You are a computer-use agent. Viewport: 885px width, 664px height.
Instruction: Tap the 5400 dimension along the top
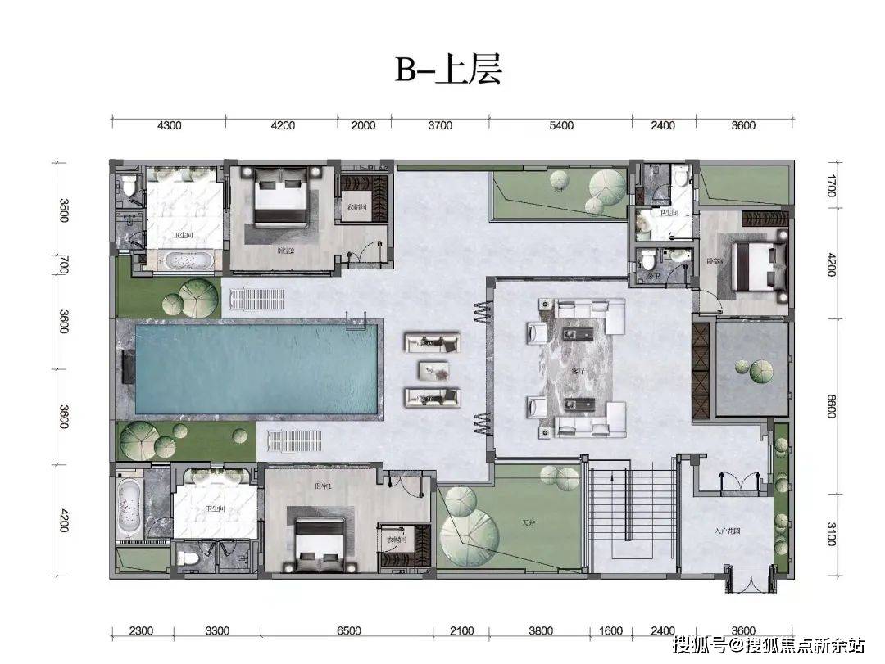[x=560, y=125]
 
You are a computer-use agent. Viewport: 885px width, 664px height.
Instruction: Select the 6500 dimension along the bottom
[x=348, y=630]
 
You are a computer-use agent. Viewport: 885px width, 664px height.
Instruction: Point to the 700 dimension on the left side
[x=64, y=264]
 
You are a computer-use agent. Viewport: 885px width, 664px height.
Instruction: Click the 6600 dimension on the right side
[x=829, y=405]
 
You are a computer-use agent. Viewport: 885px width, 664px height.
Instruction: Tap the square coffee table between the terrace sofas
[x=432, y=370]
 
